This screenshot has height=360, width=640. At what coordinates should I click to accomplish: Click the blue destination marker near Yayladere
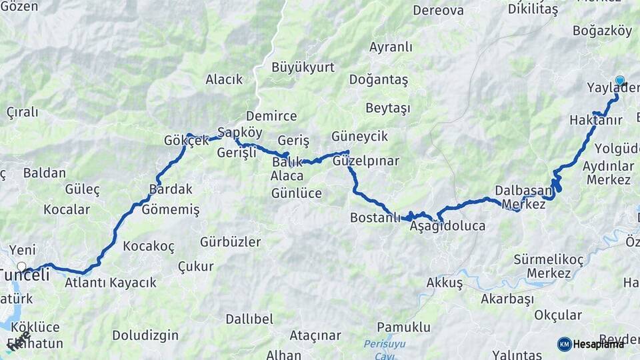(620, 81)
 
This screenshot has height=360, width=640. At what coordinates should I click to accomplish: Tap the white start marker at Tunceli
(21, 266)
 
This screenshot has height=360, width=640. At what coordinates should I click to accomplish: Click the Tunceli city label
(25, 275)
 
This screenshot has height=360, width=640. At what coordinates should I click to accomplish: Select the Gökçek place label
(186, 141)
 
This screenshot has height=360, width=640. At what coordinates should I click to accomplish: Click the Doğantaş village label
(378, 79)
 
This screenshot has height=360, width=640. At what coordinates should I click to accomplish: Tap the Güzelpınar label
(366, 161)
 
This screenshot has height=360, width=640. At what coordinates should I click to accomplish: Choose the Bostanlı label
(375, 218)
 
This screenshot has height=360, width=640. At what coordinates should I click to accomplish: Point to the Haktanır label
(596, 120)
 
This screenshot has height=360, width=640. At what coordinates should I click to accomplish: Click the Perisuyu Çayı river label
(380, 349)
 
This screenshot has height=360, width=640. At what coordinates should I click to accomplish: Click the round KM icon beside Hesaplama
(564, 344)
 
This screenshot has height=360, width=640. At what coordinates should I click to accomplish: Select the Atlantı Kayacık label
(111, 283)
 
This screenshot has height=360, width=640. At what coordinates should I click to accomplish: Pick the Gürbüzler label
(230, 241)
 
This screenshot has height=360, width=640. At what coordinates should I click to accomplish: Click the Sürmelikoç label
(549, 259)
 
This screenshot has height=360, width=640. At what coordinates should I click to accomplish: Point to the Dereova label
(438, 10)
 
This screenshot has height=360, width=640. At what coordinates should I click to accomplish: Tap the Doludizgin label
(145, 335)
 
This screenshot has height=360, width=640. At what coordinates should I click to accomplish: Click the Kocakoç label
(149, 247)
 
